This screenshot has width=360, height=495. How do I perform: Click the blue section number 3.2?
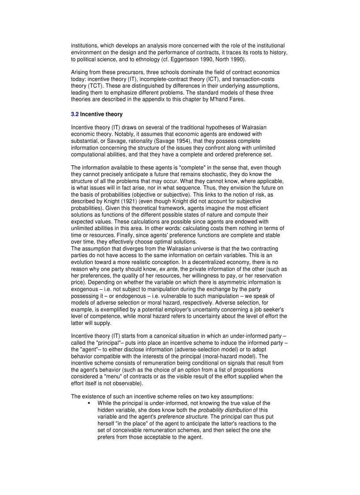(75, 114)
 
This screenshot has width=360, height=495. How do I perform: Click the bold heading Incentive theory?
(101, 114)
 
